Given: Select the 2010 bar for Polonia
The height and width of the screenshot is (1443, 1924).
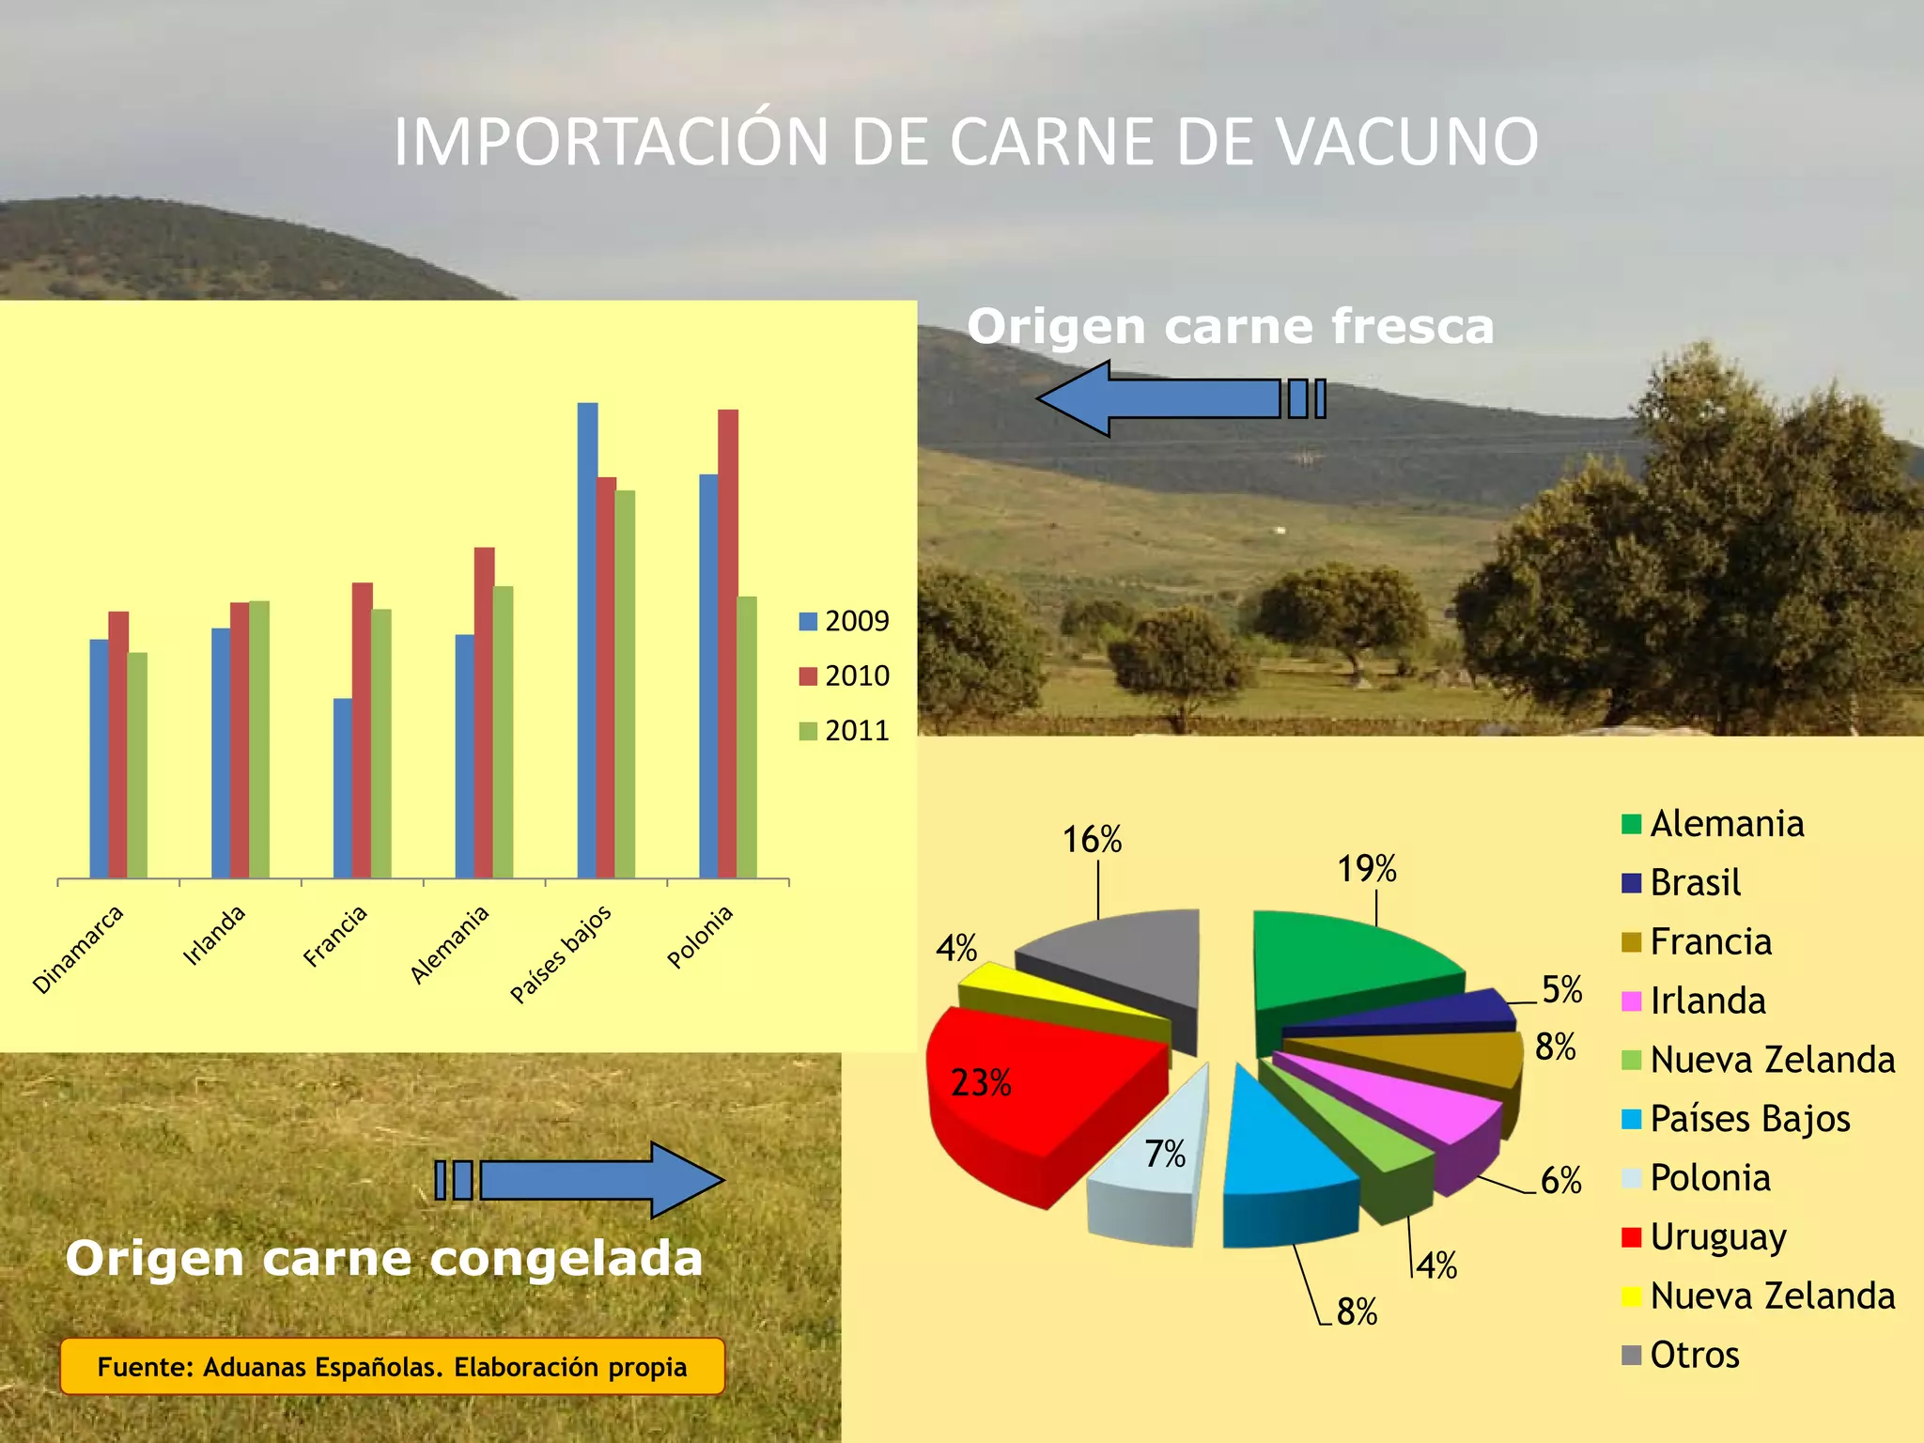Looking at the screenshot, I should pyautogui.click(x=728, y=644).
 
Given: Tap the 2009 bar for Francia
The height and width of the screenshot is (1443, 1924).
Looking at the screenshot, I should pyautogui.click(x=343, y=788).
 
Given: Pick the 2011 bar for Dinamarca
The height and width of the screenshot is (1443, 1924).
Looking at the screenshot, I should pyautogui.click(x=137, y=766).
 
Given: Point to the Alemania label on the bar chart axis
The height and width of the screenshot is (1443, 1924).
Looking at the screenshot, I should pyautogui.click(x=450, y=943).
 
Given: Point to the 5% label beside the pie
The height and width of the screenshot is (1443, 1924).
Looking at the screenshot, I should pyautogui.click(x=1562, y=990).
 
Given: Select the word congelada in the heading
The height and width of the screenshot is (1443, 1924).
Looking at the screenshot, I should pyautogui.click(x=566, y=1259).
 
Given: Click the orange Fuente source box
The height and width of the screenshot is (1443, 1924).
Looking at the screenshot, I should pyautogui.click(x=392, y=1367).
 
